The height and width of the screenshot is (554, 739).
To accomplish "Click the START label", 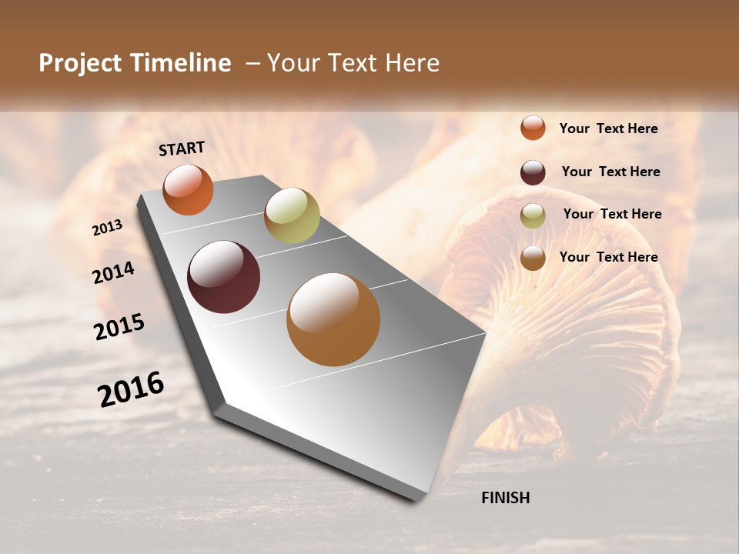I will [x=182, y=149].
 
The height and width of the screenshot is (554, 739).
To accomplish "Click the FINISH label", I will [x=505, y=498].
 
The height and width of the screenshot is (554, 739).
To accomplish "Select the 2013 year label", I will [x=107, y=228].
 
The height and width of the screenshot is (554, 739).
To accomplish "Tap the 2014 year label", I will [x=114, y=272].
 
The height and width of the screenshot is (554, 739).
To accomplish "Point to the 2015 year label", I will [x=119, y=328].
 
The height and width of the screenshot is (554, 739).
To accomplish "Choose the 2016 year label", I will [x=131, y=389].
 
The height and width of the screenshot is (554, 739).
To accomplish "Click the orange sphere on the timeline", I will [x=188, y=189].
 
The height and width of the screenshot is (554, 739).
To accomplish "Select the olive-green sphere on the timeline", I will [x=292, y=215].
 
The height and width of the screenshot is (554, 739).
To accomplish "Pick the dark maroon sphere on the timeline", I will [x=223, y=276].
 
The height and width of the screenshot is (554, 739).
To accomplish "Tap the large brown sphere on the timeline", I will [x=333, y=319].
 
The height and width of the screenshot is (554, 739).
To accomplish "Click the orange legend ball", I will [x=533, y=128].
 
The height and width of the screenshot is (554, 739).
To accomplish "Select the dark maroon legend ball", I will [x=533, y=172].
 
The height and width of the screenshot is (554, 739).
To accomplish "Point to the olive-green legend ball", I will [x=533, y=215].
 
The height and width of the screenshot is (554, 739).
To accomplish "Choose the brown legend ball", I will [x=533, y=258].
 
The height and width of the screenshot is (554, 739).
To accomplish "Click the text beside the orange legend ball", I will [x=608, y=128].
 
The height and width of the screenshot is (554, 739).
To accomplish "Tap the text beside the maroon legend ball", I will [x=610, y=172].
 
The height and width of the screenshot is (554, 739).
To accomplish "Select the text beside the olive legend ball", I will [x=612, y=214].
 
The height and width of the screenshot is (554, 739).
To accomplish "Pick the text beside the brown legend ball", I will [x=608, y=257].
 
